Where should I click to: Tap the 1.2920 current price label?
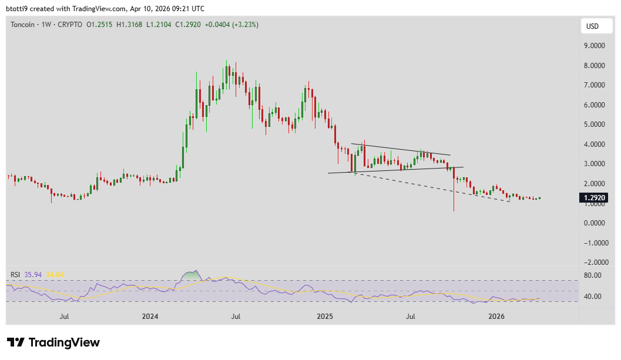tap(595, 198)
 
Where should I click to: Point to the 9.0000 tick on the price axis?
tap(594, 45)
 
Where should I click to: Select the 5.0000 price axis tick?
tap(594, 125)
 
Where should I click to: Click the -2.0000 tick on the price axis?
tap(594, 263)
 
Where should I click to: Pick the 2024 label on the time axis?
tap(150, 317)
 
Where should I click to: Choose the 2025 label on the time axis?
tap(324, 317)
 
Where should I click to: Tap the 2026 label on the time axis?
tap(497, 317)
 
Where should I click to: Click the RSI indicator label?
tap(16, 274)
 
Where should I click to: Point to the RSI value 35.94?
tap(33, 274)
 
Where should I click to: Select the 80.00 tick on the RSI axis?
tap(592, 275)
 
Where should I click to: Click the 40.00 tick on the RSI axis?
tap(592, 297)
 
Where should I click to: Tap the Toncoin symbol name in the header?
tap(22, 25)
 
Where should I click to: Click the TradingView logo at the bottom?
tap(53, 342)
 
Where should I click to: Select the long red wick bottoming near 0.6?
tap(454, 197)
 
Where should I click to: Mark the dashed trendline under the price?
tap(435, 187)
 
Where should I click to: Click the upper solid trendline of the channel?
tap(400, 149)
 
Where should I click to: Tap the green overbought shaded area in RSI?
tap(190, 275)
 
